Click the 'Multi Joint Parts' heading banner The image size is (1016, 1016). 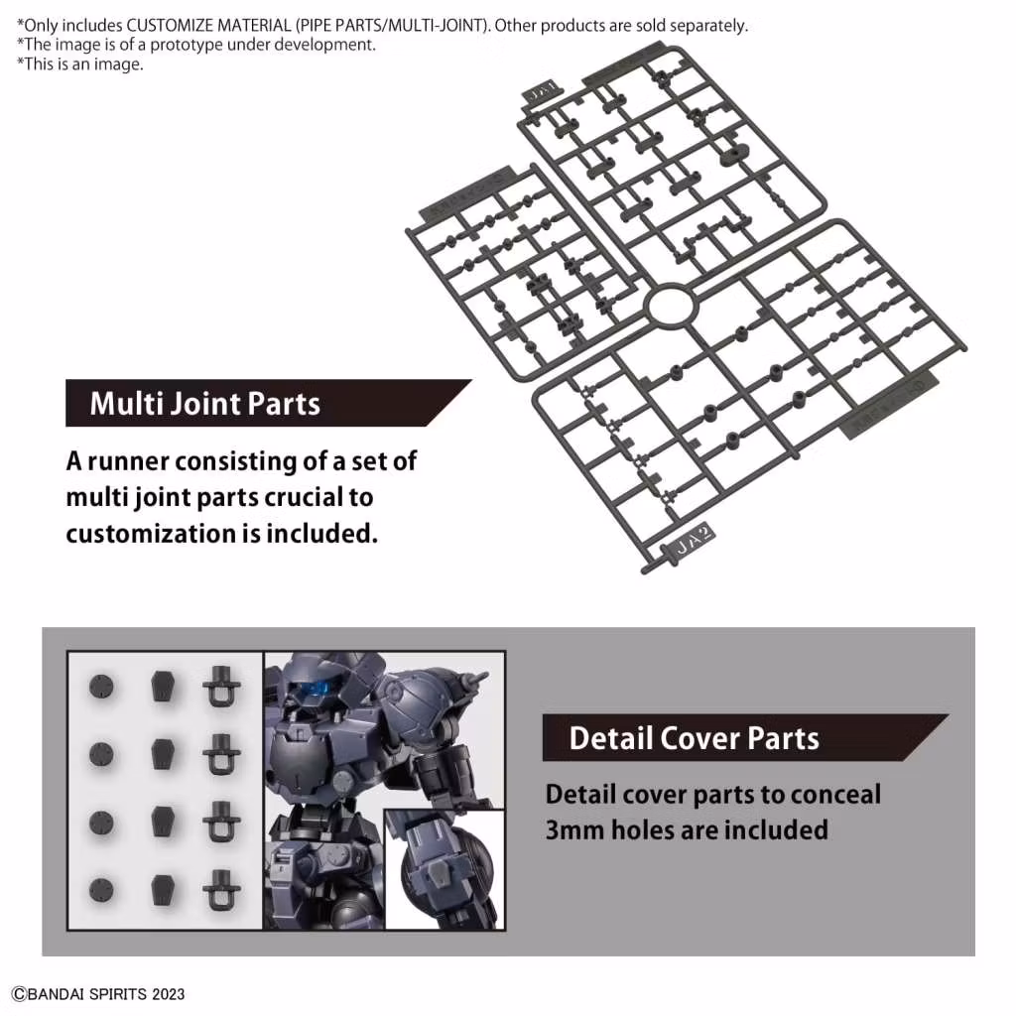click(x=204, y=404)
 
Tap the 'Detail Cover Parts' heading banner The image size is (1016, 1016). click(x=694, y=738)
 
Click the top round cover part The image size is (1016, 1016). click(x=101, y=686)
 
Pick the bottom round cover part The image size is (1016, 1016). click(x=101, y=890)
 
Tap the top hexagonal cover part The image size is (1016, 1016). click(x=162, y=686)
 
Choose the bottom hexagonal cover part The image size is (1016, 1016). click(x=162, y=890)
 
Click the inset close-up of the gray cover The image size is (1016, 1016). click(x=444, y=868)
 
